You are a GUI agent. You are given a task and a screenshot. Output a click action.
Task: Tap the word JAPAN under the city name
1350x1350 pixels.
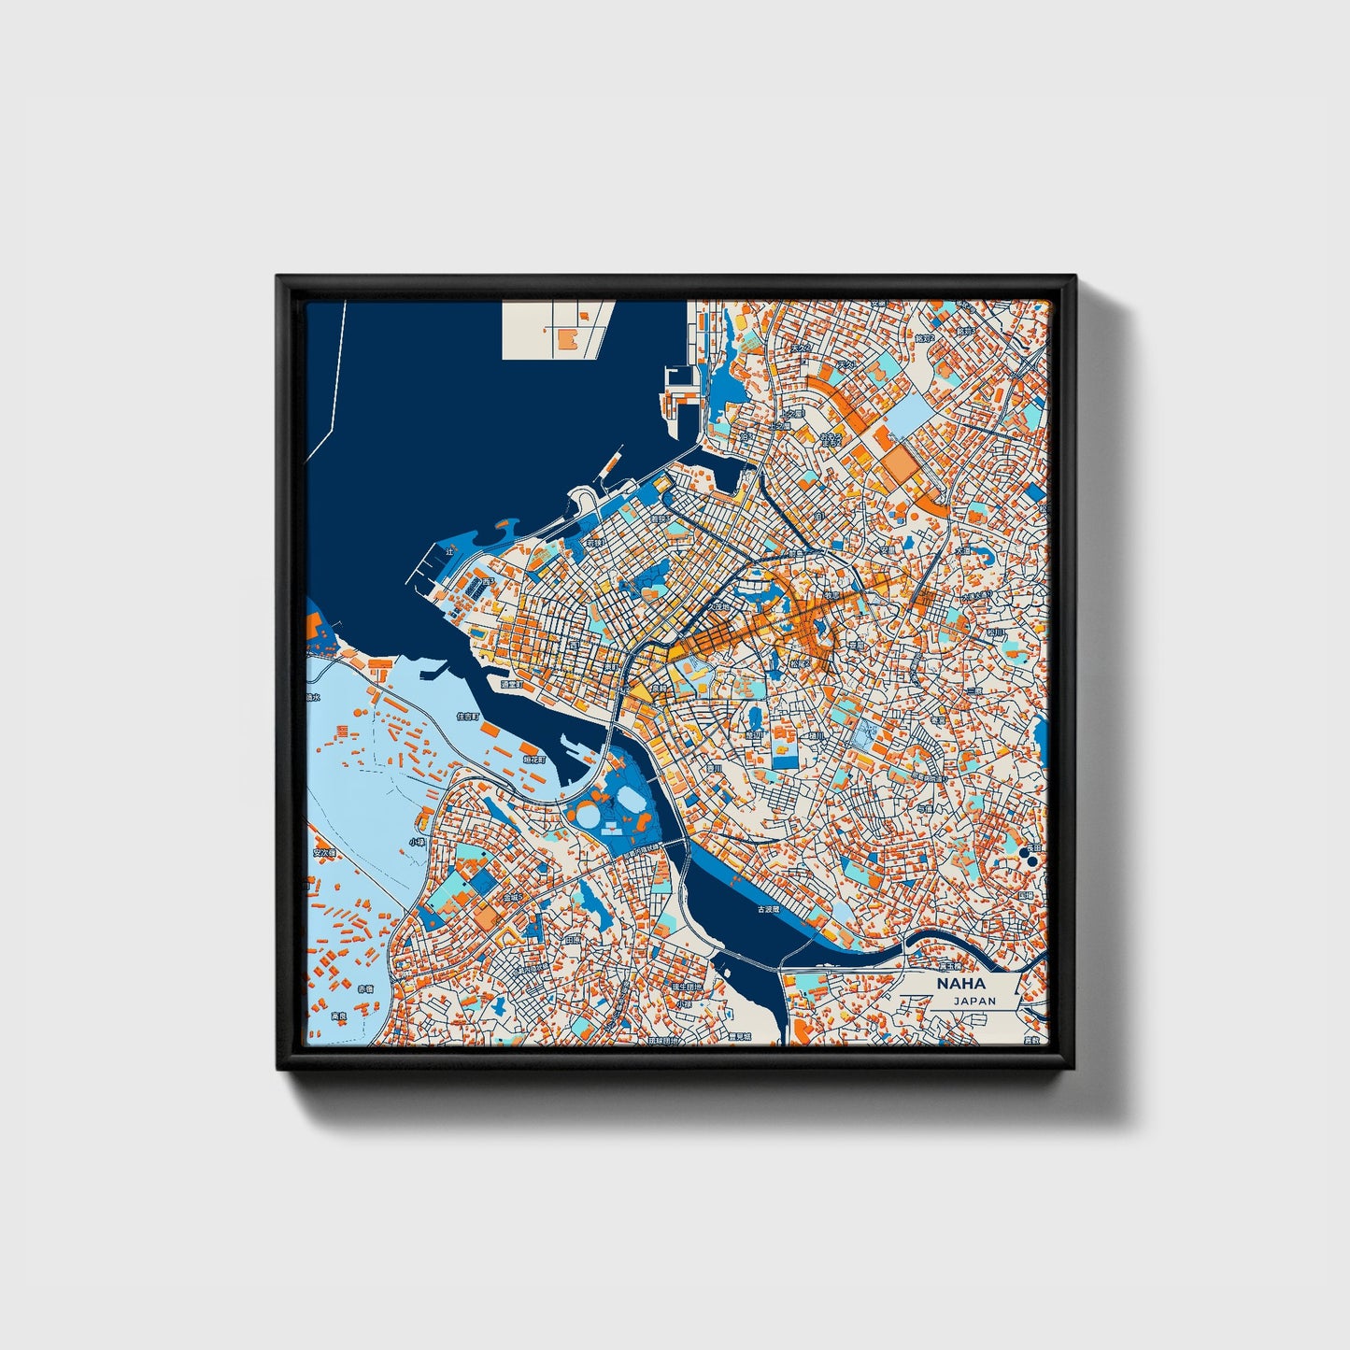click(x=974, y=1001)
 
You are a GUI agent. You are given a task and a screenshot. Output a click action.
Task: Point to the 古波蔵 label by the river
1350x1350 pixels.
click(x=767, y=909)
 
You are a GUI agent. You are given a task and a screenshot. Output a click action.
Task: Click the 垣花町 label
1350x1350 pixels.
click(x=534, y=760)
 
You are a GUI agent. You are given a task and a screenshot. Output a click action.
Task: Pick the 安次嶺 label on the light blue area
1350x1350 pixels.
click(x=322, y=852)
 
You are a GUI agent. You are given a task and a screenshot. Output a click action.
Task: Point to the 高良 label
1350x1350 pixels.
click(x=338, y=1016)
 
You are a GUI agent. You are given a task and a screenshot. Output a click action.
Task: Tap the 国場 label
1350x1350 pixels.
click(x=1025, y=895)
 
